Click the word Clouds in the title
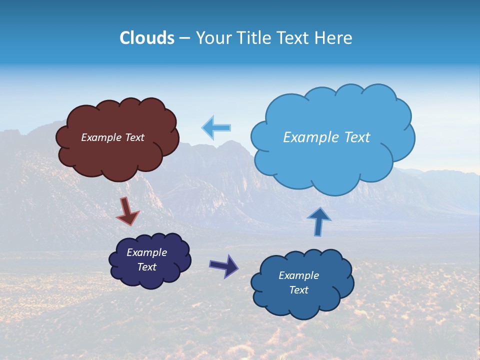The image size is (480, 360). pyautogui.click(x=146, y=38)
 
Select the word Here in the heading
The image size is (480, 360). pyautogui.click(x=334, y=38)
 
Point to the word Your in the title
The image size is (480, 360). pyautogui.click(x=213, y=38)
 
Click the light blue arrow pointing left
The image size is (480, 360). pyautogui.click(x=216, y=127)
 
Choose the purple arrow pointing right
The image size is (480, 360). pyautogui.click(x=224, y=265)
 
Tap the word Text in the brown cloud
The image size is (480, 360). pyautogui.click(x=134, y=137)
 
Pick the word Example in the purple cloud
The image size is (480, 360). pyautogui.click(x=146, y=252)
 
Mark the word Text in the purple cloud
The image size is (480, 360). pyautogui.click(x=146, y=267)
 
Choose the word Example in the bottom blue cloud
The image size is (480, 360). pyautogui.click(x=298, y=275)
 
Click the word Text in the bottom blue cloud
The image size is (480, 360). pyautogui.click(x=298, y=290)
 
